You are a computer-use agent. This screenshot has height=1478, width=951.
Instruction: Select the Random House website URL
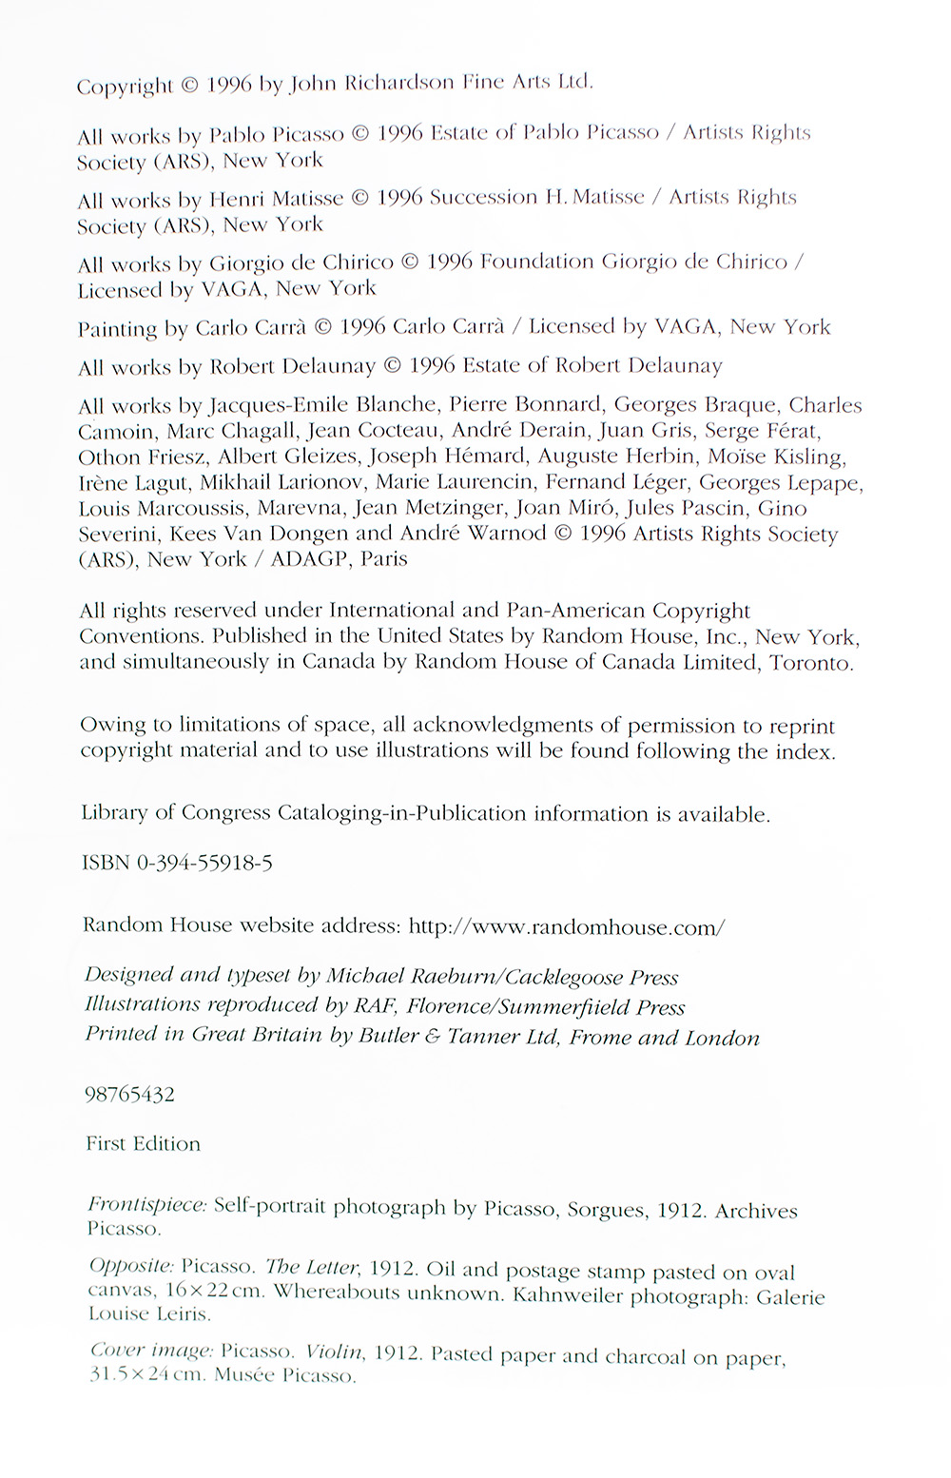click(567, 926)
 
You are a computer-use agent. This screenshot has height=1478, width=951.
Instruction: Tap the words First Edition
click(143, 1143)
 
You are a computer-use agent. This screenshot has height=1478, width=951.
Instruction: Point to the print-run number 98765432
click(129, 1094)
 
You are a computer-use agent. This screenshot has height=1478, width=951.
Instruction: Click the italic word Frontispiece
click(146, 1205)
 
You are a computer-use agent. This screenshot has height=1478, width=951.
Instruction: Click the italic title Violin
click(335, 1352)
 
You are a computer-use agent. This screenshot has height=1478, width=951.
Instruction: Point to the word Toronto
click(811, 663)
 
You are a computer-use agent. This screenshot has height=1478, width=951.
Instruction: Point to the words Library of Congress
click(176, 813)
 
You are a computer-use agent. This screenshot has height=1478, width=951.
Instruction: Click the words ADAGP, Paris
click(339, 559)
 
